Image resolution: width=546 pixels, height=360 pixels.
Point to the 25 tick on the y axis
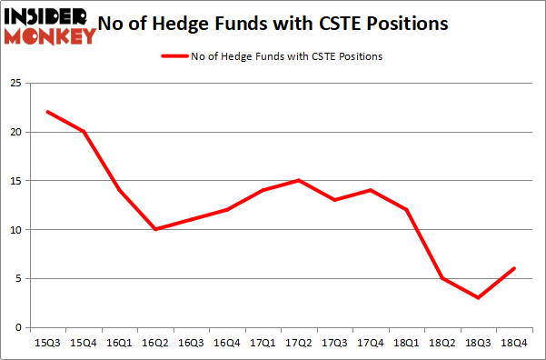pos(15,84)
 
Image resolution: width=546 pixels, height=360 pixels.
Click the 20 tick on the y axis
pos(15,133)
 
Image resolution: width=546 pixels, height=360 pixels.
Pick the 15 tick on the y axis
pos(15,181)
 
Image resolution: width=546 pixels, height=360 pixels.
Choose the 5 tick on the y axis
pos(18,278)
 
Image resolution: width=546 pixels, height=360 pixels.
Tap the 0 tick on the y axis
pos(18,327)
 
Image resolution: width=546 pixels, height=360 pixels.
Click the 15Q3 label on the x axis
pos(47,344)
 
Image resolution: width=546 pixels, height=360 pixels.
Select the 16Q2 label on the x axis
pos(154,344)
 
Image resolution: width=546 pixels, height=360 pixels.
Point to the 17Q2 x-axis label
pos(298,344)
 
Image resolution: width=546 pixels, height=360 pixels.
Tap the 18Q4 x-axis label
pos(514,344)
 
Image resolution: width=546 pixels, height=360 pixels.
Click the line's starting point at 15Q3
pos(47,112)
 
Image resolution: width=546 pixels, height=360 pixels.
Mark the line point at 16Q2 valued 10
pos(154,229)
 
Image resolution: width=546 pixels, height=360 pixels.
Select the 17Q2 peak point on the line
pos(298,180)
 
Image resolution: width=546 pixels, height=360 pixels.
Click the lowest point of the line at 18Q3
pos(478,297)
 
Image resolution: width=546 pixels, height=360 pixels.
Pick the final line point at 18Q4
pos(514,268)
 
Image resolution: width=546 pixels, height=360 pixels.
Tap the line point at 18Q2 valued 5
pos(442,278)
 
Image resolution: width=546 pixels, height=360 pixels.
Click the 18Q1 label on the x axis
pos(406,344)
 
